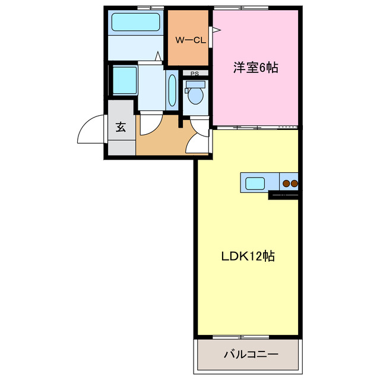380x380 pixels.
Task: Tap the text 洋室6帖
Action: coord(255,68)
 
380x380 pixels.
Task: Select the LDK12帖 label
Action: coord(248,256)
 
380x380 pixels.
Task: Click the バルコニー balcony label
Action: coord(251,355)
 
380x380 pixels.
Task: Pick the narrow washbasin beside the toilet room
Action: coord(172,90)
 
